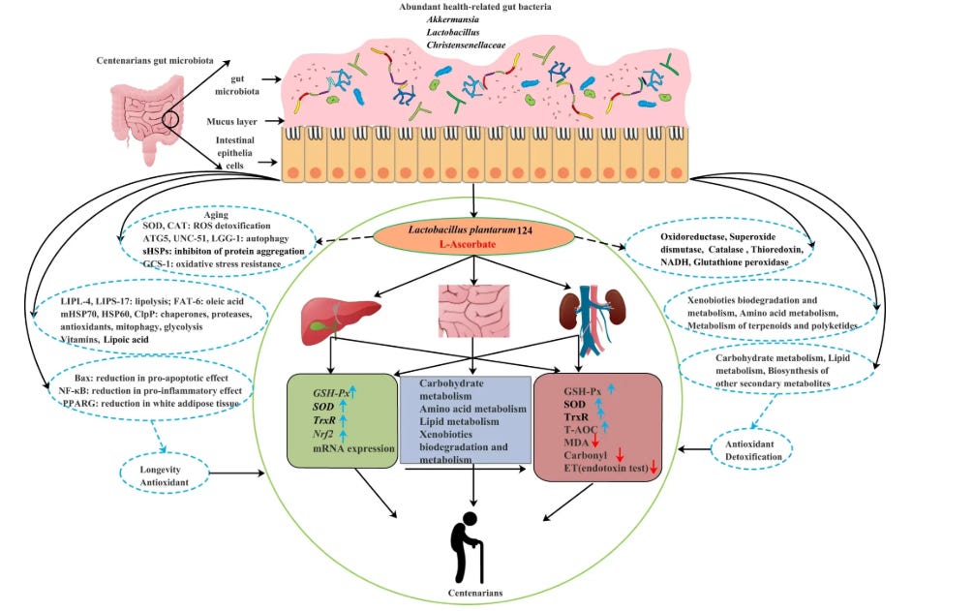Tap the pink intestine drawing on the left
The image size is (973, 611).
pyautogui.click(x=144, y=125)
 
